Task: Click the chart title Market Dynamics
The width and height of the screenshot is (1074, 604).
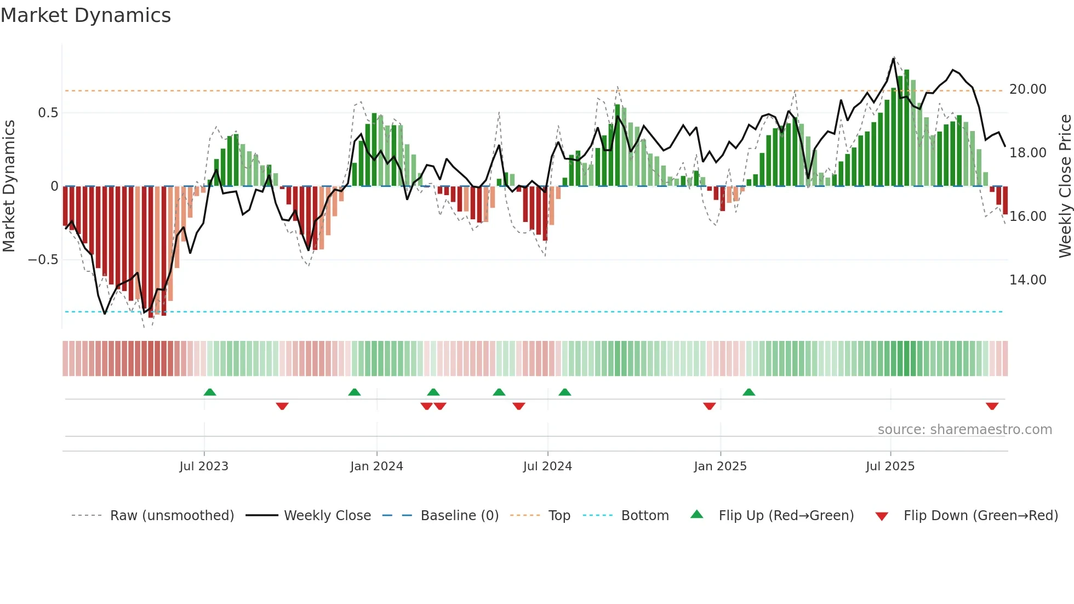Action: tap(86, 15)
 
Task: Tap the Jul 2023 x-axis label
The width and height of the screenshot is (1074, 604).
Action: tap(204, 466)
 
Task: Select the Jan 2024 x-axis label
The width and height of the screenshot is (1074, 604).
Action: tap(376, 466)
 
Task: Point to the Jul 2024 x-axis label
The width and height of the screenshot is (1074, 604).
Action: tap(547, 466)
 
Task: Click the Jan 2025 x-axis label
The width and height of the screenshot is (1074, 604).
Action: tap(720, 466)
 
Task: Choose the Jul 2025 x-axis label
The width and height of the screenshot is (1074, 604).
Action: tap(890, 466)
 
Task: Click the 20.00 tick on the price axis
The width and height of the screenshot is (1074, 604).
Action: tap(1027, 89)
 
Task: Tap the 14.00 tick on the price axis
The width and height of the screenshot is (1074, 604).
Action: tap(1027, 280)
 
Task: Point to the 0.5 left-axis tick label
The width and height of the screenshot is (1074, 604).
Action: tap(48, 113)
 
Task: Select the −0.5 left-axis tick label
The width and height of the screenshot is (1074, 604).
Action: tap(43, 260)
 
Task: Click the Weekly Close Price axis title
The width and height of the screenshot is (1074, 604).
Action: tap(1065, 186)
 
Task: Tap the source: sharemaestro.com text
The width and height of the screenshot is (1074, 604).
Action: tap(964, 430)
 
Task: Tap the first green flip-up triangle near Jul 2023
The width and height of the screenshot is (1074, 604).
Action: tap(210, 392)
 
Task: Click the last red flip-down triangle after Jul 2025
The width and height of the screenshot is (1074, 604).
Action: tap(992, 406)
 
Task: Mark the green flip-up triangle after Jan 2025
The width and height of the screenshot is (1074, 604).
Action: tap(749, 392)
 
